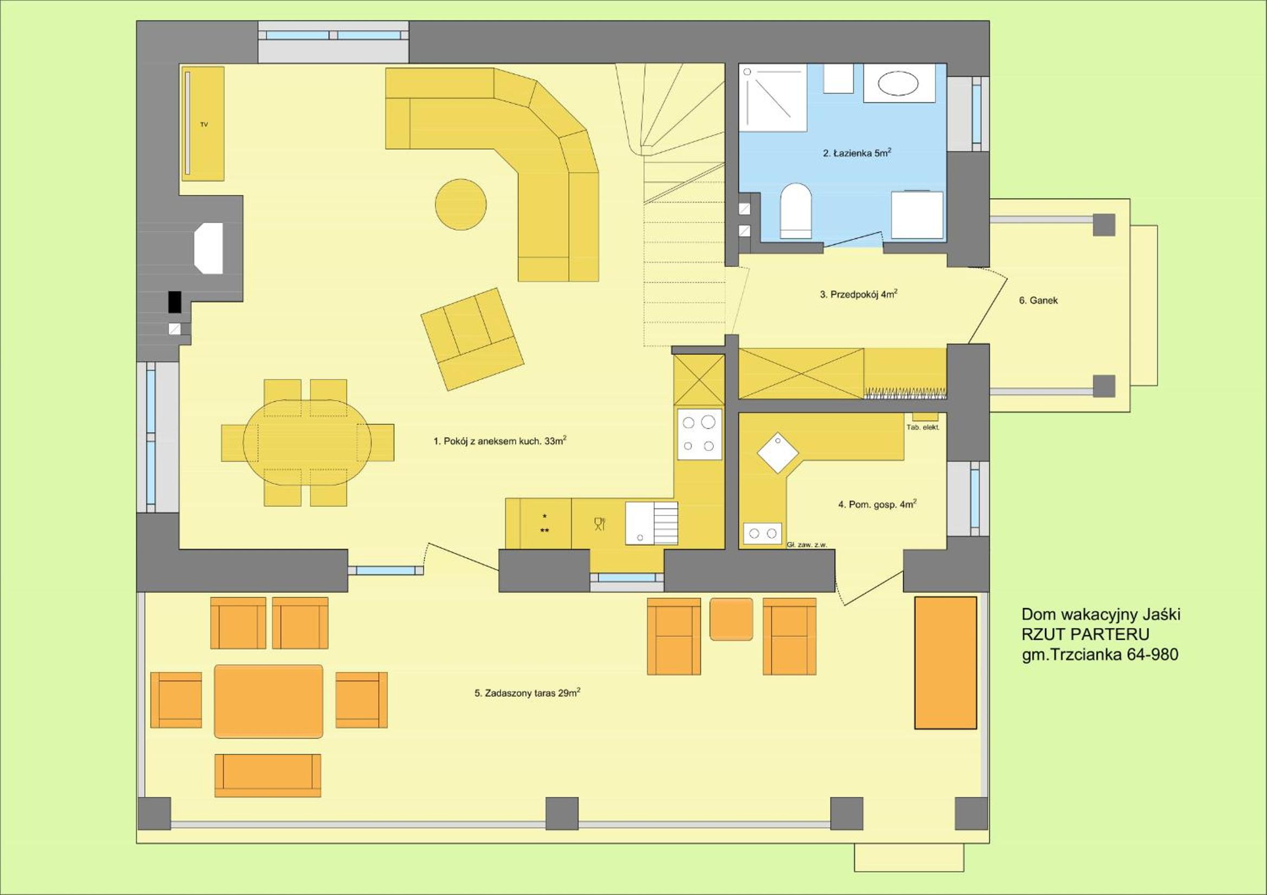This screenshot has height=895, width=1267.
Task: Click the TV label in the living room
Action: tap(204, 125)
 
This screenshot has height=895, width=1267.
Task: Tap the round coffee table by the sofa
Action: tap(461, 204)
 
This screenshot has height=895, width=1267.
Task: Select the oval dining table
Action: tap(307, 442)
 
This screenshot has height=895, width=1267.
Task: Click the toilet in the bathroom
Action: tap(796, 211)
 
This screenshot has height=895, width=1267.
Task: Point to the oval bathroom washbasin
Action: tap(898, 84)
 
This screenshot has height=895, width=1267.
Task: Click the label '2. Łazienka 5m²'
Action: tap(857, 153)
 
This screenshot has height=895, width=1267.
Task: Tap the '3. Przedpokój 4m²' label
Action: tap(859, 294)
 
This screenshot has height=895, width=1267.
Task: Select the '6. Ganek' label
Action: tap(1038, 300)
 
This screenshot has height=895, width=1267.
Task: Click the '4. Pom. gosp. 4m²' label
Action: tap(877, 504)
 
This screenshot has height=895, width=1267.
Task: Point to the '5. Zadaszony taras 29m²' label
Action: tap(527, 693)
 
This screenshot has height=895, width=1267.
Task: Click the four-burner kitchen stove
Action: tap(699, 434)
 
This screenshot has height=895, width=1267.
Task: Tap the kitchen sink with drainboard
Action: tap(651, 523)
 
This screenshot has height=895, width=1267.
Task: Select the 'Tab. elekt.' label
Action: tap(922, 427)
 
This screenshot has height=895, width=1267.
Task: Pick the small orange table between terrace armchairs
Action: tap(731, 619)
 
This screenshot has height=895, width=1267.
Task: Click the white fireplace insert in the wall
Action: tap(209, 248)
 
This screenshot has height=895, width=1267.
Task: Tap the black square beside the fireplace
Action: tap(175, 302)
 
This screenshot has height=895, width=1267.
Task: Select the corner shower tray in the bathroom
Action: tap(773, 97)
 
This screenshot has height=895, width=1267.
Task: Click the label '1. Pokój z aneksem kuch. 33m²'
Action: tap(500, 441)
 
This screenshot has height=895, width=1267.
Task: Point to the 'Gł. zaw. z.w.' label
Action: tap(807, 545)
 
